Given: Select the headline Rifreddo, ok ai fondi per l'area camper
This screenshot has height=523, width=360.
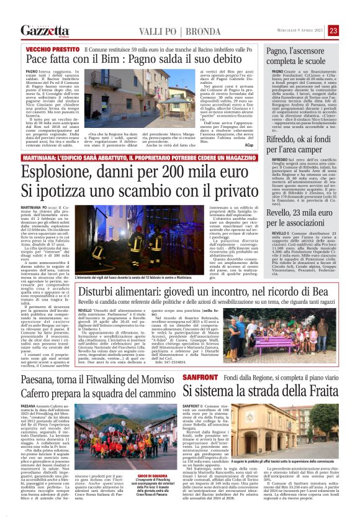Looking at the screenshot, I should [x=304, y=158].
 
